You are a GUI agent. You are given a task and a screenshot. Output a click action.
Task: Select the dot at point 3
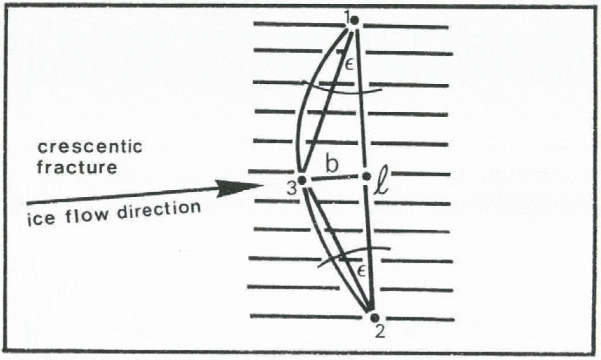pos(302,180)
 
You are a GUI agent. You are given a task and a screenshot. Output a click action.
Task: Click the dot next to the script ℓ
pos(367,176)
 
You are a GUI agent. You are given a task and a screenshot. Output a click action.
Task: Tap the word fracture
pos(77,167)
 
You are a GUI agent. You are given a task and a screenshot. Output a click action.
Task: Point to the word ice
pos(39,222)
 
